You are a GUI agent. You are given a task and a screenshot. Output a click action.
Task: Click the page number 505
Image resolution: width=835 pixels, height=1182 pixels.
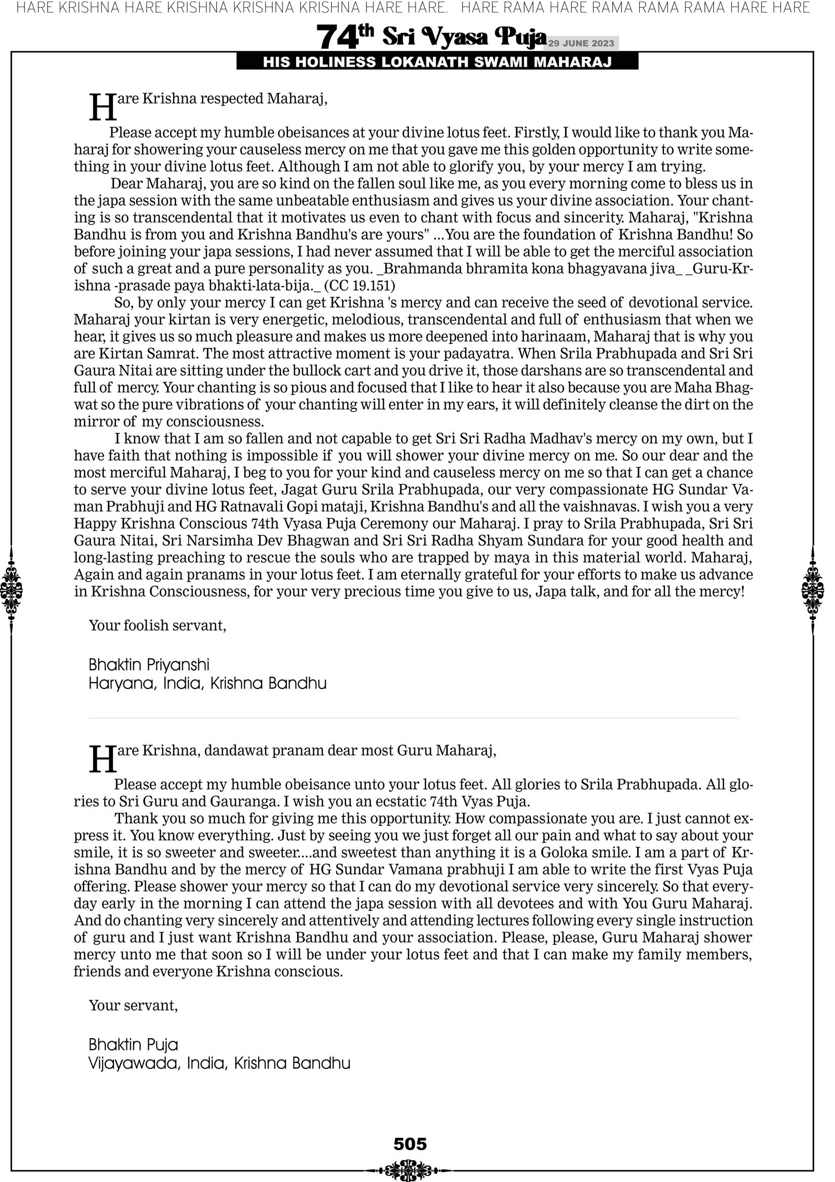[x=410, y=1144]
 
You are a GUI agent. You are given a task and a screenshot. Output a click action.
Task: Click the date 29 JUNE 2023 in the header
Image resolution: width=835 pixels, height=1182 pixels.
[x=580, y=43]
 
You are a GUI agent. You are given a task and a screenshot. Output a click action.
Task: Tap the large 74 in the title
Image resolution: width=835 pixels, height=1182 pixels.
[x=337, y=37]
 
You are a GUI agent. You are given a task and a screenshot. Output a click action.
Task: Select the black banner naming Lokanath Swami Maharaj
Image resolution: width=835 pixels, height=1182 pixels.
[x=437, y=62]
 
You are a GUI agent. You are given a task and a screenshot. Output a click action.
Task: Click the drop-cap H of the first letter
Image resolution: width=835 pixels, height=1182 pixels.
[x=102, y=108]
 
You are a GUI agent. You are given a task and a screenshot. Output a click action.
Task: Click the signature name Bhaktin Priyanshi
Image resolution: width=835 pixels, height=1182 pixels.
[x=149, y=665]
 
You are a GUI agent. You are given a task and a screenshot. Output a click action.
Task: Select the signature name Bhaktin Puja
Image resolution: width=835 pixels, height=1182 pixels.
[x=133, y=1044]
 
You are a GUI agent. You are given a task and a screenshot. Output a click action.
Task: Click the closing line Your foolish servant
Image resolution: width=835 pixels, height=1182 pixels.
[x=157, y=626]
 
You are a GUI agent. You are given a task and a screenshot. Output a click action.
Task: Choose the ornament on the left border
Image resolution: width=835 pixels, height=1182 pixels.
[x=11, y=590]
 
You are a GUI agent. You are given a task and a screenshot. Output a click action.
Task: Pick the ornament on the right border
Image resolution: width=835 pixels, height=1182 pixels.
[x=813, y=590]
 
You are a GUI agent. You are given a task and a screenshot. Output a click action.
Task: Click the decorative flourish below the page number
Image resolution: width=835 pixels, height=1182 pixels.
[x=410, y=1170]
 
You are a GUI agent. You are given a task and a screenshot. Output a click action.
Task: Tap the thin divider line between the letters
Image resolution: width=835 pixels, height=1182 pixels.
[x=413, y=718]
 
